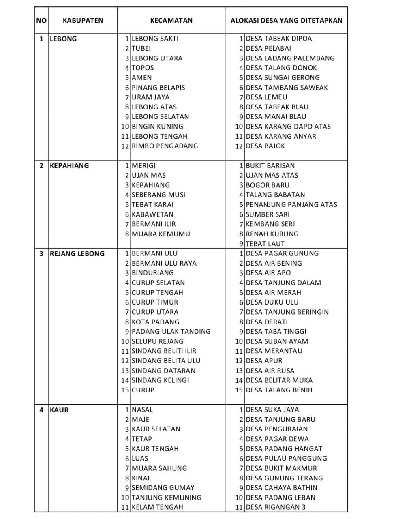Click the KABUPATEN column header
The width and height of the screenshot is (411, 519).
coord(83,20)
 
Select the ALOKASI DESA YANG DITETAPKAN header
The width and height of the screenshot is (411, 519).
coord(286,20)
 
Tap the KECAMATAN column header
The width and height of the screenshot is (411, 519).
coord(171,20)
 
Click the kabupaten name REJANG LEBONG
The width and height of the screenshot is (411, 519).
coord(77,254)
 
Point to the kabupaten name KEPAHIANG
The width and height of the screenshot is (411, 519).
coord(69,166)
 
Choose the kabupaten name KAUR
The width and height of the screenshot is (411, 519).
coord(59,410)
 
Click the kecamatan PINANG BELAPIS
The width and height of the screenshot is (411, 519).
coord(158,88)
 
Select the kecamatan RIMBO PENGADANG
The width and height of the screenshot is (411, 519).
coord(165,146)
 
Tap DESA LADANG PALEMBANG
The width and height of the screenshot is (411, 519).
coord(290,58)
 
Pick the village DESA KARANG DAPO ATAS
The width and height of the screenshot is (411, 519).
coord(288,127)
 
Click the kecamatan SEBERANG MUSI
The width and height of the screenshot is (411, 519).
coord(158,195)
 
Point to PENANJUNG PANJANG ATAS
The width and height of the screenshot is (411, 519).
coord(291,205)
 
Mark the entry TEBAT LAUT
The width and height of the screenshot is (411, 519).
coord(265,244)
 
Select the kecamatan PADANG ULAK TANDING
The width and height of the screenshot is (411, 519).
coord(171,332)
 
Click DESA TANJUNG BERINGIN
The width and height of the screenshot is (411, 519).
coord(287,312)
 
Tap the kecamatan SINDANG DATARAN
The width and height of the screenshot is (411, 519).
coord(163,371)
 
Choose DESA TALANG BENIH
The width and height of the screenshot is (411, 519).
coord(279,390)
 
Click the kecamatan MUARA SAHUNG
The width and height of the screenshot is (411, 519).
coord(159,468)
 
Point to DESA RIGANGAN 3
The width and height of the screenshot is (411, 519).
coord(276,507)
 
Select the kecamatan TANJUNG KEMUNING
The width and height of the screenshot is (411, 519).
coord(166,498)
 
